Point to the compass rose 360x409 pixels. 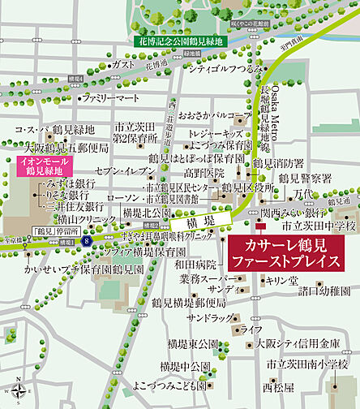coord(15,390)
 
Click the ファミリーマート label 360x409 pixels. coord(112,98)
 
